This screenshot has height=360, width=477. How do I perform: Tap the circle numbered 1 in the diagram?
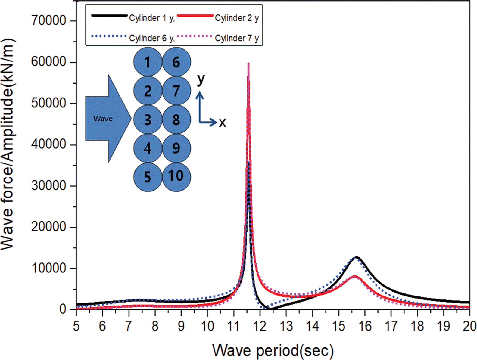pos(148,62)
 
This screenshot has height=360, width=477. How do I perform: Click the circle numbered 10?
pos(176,176)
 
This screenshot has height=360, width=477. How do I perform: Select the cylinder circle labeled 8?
pos(176,119)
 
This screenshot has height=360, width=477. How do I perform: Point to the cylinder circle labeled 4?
pos(148,148)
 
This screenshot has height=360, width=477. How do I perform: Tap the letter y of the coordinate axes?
pos(201,79)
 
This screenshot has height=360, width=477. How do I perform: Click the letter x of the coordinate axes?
pos(222,123)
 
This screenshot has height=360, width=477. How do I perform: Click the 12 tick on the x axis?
pos(260,326)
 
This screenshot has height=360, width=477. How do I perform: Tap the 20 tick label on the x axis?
pos(469,326)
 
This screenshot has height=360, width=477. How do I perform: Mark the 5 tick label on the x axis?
pos(76,326)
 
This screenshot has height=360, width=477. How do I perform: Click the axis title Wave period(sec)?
pos(273,350)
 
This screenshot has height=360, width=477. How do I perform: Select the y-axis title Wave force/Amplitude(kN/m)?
pos(8,144)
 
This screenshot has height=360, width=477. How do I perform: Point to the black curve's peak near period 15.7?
pos(356,257)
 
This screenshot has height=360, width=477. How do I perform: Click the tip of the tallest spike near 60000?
pos(248,63)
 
